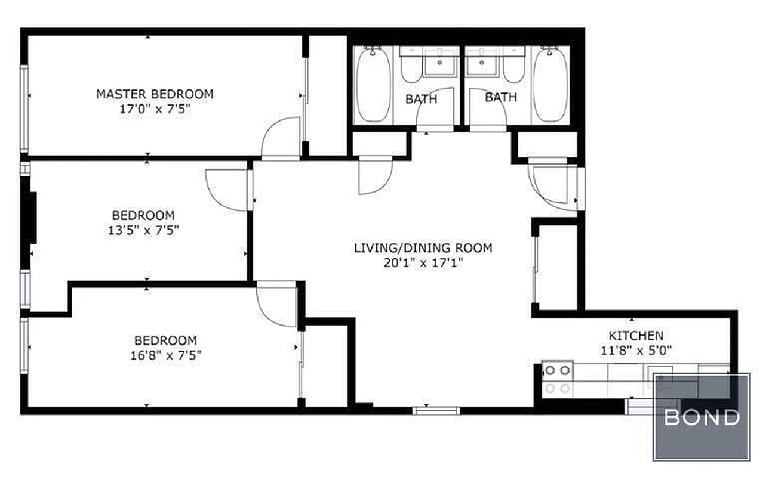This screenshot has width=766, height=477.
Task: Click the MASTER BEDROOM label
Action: pyautogui.click(x=155, y=94)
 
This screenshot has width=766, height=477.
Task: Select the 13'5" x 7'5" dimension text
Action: pyautogui.click(x=143, y=230)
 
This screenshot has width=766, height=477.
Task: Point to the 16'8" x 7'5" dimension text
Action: pyautogui.click(x=165, y=355)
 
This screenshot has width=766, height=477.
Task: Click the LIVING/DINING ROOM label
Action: pyautogui.click(x=423, y=247)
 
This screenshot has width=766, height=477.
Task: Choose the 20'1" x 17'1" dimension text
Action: pyautogui.click(x=423, y=263)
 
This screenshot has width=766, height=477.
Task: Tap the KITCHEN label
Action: pyautogui.click(x=635, y=336)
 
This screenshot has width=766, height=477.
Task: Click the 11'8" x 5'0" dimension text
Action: pyautogui.click(x=635, y=351)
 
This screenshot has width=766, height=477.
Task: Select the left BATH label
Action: pyautogui.click(x=421, y=99)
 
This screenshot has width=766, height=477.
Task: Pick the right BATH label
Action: pyautogui.click(x=500, y=97)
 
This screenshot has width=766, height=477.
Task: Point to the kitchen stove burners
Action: pyautogui.click(x=557, y=379)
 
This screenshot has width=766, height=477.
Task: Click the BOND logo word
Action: pyautogui.click(x=702, y=417)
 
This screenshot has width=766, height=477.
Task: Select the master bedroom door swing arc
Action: pyautogui.click(x=279, y=137)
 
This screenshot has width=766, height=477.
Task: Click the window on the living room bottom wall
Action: pyautogui.click(x=436, y=410)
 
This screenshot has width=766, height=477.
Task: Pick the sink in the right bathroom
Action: pyautogui.click(x=481, y=64)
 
